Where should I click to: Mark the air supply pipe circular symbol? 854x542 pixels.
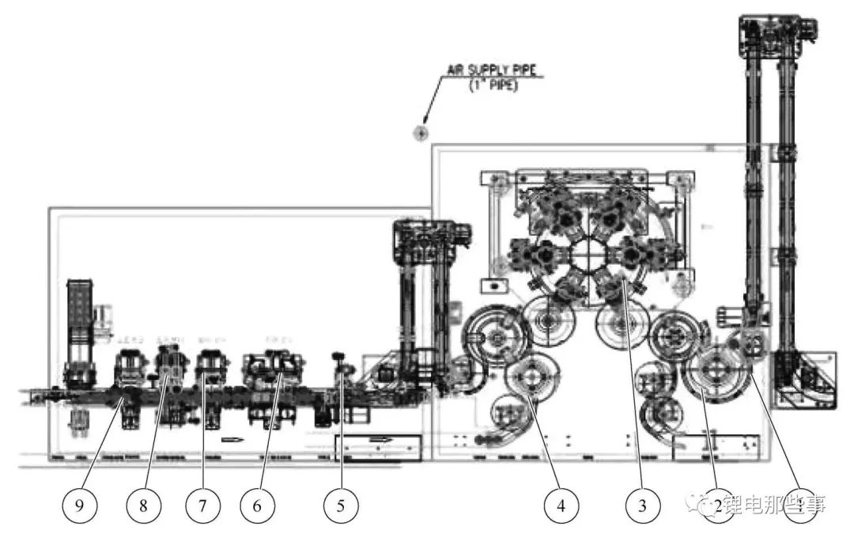[x=421, y=133]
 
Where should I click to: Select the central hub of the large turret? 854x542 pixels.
[x=587, y=256]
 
